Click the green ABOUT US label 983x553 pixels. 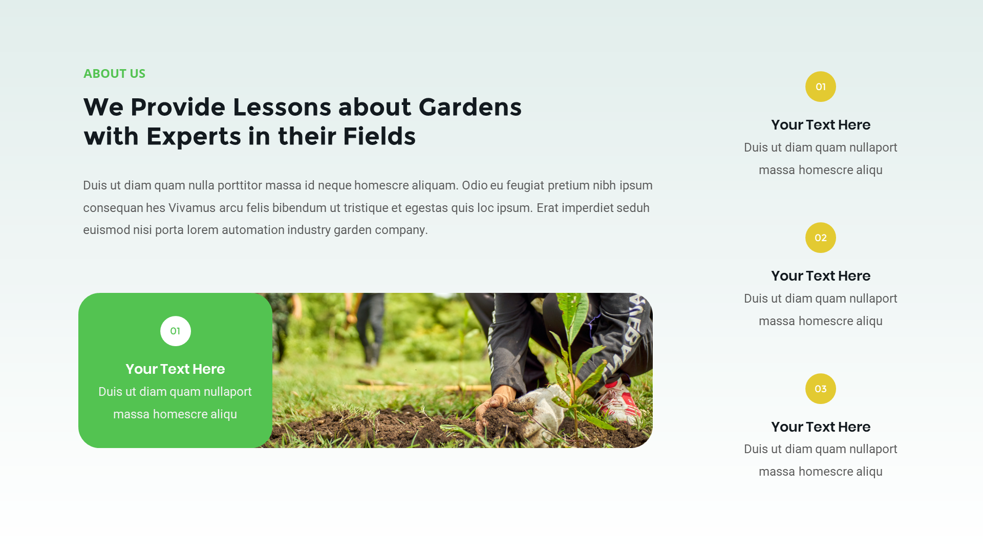coord(114,74)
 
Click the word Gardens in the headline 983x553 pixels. coord(470,108)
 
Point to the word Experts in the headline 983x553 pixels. coord(194,137)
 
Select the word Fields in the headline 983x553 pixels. coord(379,137)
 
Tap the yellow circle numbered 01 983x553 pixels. coord(820,87)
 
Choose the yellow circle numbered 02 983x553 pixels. coord(820,238)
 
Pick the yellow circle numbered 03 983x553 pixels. coord(820,389)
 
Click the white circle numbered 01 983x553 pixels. coord(175,331)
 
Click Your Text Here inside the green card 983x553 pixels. coord(175,369)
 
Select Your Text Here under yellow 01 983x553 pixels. coord(820,125)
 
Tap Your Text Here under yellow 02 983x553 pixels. coord(820,276)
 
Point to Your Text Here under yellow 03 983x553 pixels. coord(820,427)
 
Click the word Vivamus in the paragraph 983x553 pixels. coord(192,208)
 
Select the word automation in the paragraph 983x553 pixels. coord(253,230)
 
